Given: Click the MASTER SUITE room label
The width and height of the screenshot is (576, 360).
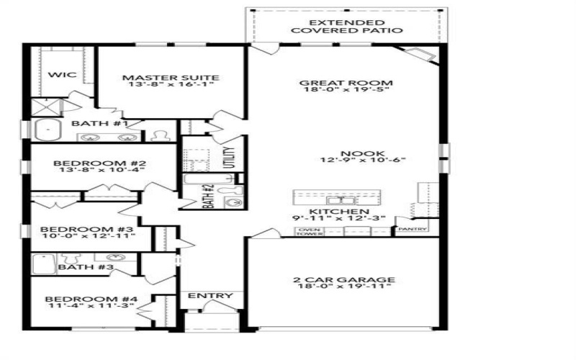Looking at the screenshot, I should (x=170, y=78).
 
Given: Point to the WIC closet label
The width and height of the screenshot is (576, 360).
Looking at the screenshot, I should (x=57, y=74).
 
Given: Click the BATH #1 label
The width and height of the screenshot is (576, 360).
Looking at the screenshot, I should (x=99, y=124).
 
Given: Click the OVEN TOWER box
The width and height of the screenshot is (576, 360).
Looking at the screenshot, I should (x=310, y=232).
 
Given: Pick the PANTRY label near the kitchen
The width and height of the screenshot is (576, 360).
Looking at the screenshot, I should (x=413, y=230).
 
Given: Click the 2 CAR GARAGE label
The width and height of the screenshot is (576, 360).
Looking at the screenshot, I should (x=343, y=279).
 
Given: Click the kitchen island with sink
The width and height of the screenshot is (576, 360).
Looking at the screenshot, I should (x=337, y=197).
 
